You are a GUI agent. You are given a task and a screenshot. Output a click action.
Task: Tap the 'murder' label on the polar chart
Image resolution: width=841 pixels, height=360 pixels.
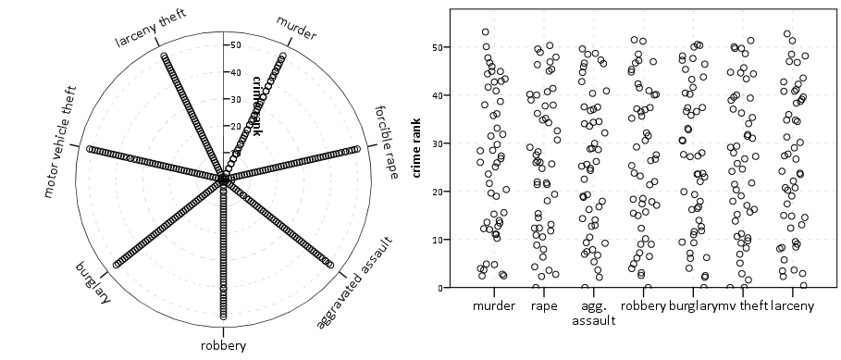297,29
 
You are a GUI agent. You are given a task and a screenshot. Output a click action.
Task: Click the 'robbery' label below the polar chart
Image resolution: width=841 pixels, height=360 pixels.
223,346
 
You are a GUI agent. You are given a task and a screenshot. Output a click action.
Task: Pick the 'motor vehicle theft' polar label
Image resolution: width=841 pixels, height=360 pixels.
57,148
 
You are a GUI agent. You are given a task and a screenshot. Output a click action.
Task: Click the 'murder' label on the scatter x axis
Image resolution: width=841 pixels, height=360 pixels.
493,304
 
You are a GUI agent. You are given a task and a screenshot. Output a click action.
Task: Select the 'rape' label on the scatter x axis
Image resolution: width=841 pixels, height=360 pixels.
544,304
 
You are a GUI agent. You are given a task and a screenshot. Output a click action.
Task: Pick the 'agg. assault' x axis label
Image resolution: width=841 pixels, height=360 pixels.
594,312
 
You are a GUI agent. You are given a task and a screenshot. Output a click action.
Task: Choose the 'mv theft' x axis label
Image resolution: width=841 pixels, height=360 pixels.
736,304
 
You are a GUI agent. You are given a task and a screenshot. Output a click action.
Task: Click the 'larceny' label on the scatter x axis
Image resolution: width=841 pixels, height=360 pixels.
792,304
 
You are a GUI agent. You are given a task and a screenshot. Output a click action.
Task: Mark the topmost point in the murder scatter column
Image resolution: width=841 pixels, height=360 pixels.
486,32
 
